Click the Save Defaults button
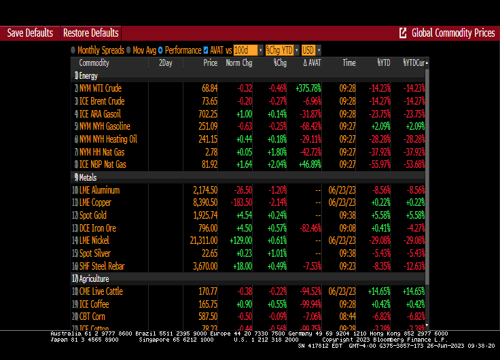coord(30,33)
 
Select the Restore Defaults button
coord(90,33)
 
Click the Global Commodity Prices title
coord(453,33)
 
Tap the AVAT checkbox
coord(206,50)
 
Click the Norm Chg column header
coord(238,63)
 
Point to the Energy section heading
coord(88,76)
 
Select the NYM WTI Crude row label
coord(101,88)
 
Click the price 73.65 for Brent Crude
coord(209,101)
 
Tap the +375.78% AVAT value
coord(308,88)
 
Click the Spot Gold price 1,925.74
coord(204,215)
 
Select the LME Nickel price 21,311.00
coord(202,240)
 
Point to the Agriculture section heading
coord(94,278)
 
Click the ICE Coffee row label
coord(94,304)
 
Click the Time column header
coord(349,63)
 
